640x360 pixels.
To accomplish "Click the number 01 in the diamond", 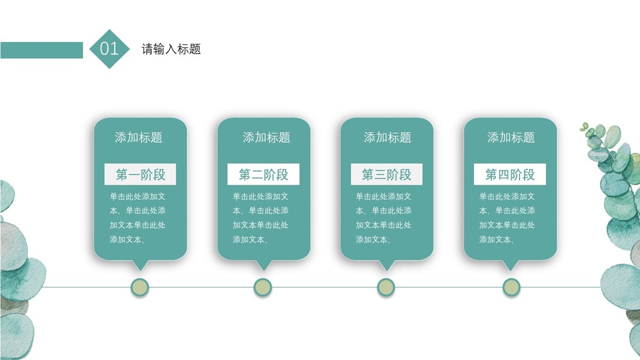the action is click(109, 49).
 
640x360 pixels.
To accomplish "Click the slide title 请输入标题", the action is click(171, 49).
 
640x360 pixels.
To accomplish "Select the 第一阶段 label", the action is click(140, 175).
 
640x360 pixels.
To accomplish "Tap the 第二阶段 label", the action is click(263, 175).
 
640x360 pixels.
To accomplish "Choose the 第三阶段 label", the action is click(386, 175).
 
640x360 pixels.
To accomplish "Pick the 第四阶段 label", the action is click(510, 175).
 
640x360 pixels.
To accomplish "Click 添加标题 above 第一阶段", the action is click(139, 137).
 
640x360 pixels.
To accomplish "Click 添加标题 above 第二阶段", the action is click(266, 137).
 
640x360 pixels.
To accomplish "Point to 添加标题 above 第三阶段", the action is click(387, 137).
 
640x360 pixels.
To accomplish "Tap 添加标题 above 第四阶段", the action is click(511, 137).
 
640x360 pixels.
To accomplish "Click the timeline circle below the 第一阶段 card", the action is click(140, 287).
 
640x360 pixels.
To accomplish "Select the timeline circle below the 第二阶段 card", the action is click(263, 287).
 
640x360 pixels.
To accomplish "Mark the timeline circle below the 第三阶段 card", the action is click(386, 287).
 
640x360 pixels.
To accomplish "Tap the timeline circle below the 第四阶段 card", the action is click(511, 287).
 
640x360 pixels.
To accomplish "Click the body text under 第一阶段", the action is click(138, 218).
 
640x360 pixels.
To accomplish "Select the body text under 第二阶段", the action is click(261, 218).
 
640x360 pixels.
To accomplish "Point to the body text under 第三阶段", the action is click(384, 218).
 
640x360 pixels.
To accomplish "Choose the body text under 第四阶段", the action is click(507, 218).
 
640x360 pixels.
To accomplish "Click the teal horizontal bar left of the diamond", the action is click(41, 50).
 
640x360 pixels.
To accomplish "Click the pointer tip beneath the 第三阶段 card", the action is click(386, 266).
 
